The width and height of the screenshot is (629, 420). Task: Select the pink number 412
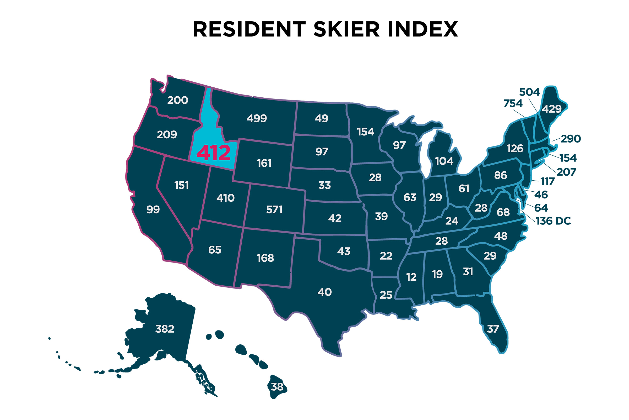213,153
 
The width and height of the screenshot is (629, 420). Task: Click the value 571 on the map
274,210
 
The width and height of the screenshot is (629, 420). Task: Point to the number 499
257,118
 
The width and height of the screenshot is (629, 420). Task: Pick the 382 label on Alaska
165,329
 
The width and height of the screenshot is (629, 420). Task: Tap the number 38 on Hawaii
277,387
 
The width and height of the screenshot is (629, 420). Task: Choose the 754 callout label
513,103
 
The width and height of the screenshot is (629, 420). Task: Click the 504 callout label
529,92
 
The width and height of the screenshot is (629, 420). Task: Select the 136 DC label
553,221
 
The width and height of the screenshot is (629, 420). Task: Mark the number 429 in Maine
551,109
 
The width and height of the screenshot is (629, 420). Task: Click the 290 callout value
571,139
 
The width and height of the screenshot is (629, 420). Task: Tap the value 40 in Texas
325,292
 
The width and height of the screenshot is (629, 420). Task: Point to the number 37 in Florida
493,329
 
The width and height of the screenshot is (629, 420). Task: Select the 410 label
225,198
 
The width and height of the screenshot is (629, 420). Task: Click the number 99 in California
153,209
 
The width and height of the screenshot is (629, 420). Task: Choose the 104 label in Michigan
444,161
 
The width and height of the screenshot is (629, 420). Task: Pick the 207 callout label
566,172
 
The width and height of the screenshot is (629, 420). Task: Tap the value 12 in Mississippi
411,277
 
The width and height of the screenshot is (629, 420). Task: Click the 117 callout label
547,182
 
